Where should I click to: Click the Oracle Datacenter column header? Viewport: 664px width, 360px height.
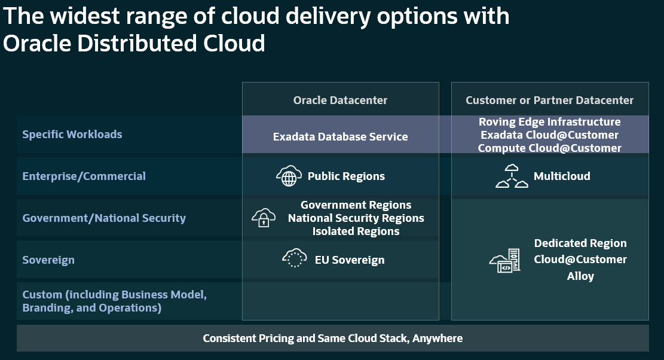(340, 100)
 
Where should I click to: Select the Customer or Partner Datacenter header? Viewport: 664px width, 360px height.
(549, 100)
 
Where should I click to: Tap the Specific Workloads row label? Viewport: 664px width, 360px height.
(72, 135)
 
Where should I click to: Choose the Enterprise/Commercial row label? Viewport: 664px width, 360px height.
(84, 176)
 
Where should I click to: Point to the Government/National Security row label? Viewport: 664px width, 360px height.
(104, 218)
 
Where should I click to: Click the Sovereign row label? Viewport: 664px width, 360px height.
(48, 260)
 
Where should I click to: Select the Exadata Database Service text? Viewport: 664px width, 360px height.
(340, 137)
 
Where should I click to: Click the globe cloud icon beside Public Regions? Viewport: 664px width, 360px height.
(289, 176)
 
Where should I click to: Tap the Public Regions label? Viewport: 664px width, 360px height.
(346, 176)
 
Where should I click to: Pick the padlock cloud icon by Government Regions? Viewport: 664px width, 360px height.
(264, 218)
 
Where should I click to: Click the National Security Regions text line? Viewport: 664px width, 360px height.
(356, 218)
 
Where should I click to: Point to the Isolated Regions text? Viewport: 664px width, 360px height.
(356, 231)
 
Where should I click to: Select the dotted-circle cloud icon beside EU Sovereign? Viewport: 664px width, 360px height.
(294, 258)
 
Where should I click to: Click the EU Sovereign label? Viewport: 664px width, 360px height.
(350, 260)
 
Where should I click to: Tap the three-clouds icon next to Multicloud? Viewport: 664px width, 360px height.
(512, 176)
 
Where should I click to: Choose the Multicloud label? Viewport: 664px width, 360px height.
(562, 176)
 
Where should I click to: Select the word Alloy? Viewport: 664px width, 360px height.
(580, 276)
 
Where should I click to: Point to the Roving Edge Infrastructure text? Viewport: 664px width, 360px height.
(549, 122)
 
